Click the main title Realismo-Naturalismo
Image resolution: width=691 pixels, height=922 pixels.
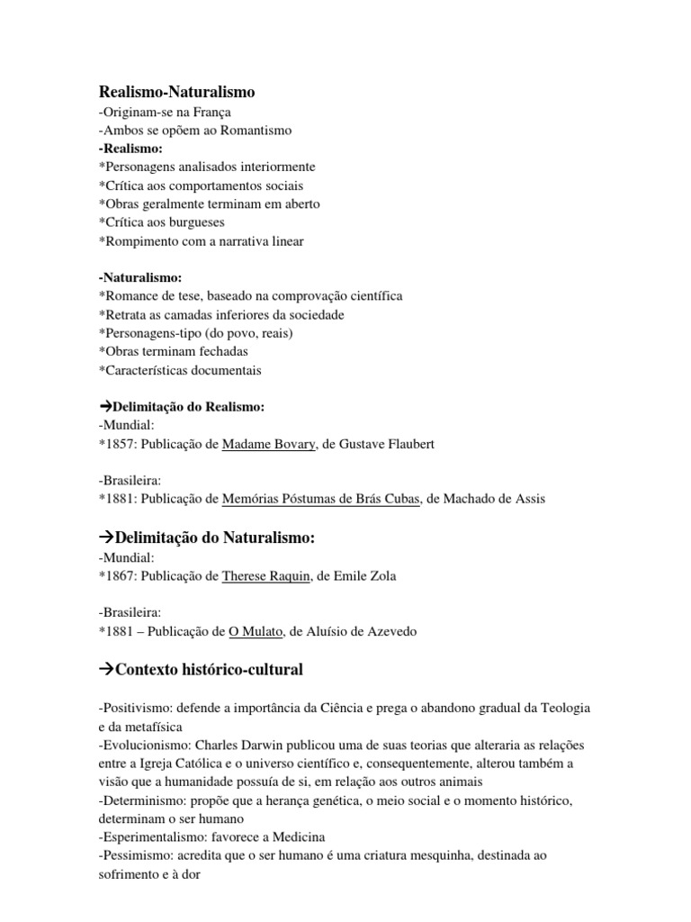176,92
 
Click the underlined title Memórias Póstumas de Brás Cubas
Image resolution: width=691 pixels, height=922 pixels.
321,498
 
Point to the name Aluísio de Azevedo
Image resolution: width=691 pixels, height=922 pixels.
360,631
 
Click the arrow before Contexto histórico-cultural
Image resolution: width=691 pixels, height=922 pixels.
104,670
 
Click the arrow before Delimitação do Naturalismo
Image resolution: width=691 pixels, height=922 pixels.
104,538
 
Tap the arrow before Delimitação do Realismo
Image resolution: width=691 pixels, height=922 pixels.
103,407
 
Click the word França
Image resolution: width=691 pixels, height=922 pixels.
212,112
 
